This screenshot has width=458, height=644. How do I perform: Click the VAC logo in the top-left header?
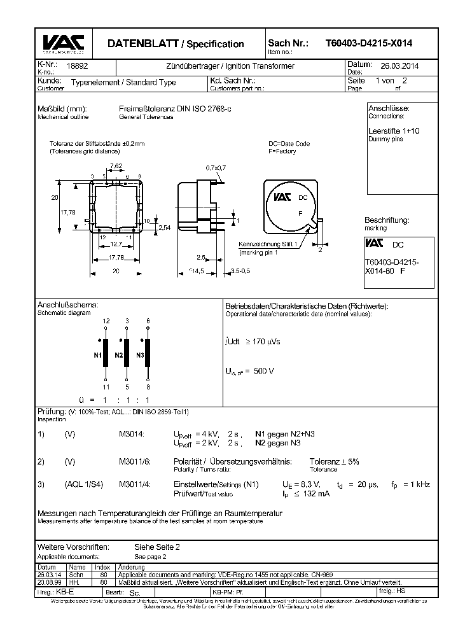pyautogui.click(x=62, y=43)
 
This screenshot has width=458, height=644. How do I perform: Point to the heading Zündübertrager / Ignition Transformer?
pyautogui.click(x=230, y=66)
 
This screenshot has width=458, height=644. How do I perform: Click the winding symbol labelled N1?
pyautogui.click(x=106, y=353)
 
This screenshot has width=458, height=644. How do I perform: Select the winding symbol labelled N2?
pyautogui.click(x=127, y=353)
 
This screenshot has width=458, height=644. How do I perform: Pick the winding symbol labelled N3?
pyautogui.click(x=148, y=353)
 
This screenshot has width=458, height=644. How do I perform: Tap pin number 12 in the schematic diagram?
pyautogui.click(x=106, y=320)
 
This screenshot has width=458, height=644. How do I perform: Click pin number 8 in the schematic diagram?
pyautogui.click(x=148, y=386)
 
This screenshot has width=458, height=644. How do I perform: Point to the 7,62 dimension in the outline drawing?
pyautogui.click(x=116, y=166)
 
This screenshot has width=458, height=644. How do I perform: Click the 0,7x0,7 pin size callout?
pyautogui.click(x=216, y=167)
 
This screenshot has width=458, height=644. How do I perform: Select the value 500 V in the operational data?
pyautogui.click(x=263, y=371)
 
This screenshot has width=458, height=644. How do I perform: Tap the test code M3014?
pyautogui.click(x=132, y=433)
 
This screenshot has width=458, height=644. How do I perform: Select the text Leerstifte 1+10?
pyautogui.click(x=394, y=130)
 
